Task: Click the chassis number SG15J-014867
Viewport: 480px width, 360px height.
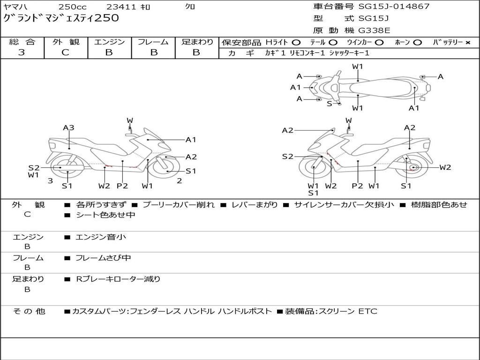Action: (x=394, y=7)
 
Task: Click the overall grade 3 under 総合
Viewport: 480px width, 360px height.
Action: (x=22, y=52)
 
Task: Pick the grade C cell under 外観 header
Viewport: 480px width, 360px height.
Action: (x=65, y=52)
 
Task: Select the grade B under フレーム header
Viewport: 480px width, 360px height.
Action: (x=153, y=52)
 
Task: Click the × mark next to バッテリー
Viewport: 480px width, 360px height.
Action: (x=467, y=43)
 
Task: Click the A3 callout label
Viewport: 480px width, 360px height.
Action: (x=69, y=127)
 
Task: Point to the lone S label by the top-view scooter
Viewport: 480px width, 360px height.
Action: (x=330, y=104)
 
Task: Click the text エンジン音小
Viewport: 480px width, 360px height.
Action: (x=101, y=237)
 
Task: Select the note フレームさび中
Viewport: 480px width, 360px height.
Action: (x=104, y=258)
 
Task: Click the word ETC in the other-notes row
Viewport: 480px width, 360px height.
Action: (x=367, y=311)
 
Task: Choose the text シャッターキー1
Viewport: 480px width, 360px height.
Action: (x=349, y=53)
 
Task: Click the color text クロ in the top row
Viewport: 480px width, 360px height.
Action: (x=190, y=7)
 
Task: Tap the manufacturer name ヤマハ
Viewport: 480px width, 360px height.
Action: (x=15, y=7)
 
